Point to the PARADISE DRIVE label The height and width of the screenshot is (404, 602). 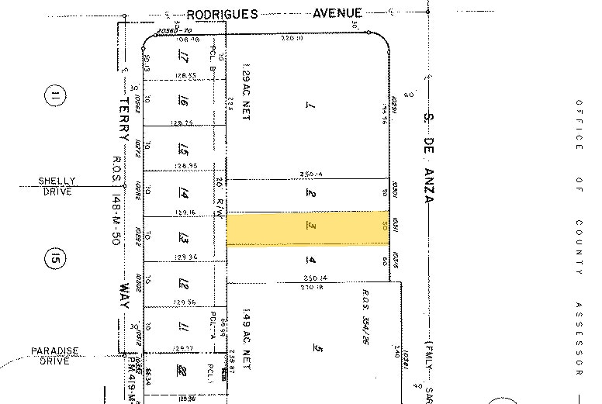click(55, 354)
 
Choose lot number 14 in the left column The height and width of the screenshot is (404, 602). click(185, 193)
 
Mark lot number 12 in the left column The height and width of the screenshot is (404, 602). click(185, 284)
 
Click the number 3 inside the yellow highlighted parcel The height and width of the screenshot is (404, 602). click(309, 227)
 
